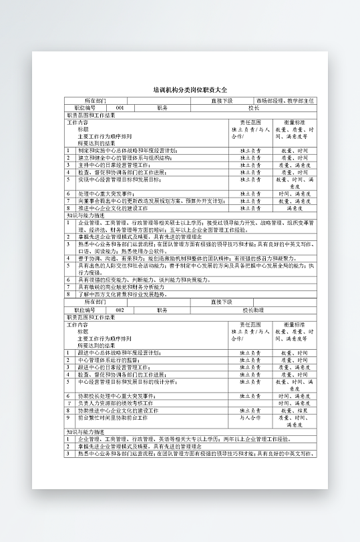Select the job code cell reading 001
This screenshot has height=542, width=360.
[120, 107]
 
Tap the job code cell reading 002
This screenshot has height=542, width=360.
[120, 310]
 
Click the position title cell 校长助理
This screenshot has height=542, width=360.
[253, 310]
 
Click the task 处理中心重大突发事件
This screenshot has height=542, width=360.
[107, 194]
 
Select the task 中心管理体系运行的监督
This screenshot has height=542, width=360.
[107, 360]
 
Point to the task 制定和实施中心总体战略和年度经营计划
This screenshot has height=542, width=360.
[126, 151]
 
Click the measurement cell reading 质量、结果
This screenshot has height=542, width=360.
[293, 411]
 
